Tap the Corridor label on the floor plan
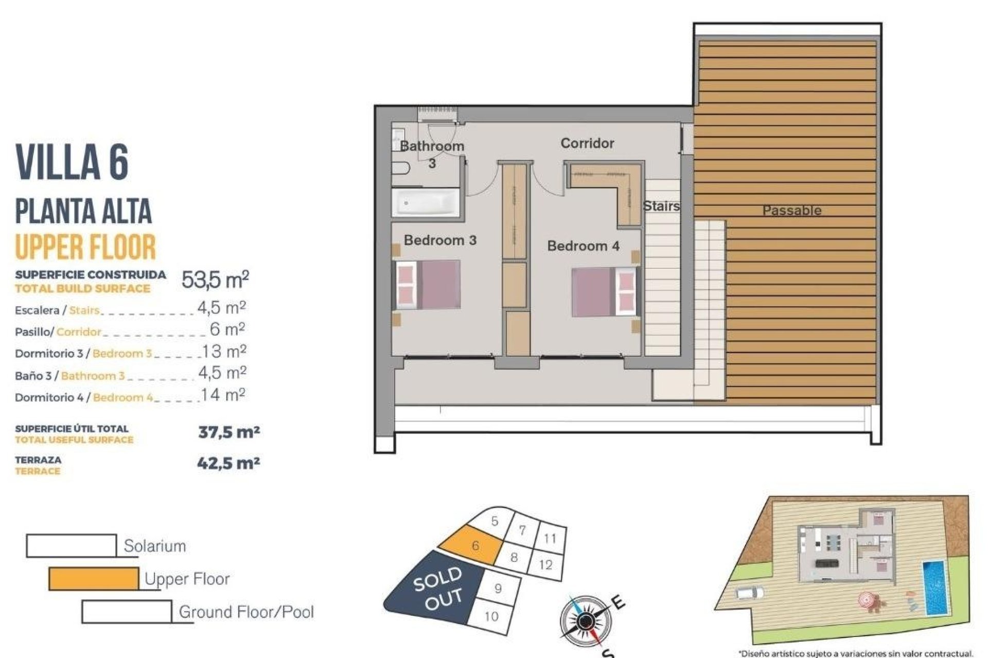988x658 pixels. [x=587, y=143]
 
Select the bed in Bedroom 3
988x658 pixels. [x=427, y=285]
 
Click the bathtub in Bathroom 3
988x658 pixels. [x=426, y=203]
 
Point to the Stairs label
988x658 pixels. [x=661, y=206]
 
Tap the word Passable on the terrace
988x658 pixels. [x=791, y=210]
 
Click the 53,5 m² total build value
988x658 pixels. [x=215, y=280]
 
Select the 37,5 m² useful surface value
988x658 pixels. [x=229, y=432]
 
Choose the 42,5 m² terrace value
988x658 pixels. [x=228, y=463]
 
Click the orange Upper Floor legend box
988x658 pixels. [x=94, y=579]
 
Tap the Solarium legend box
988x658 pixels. [x=72, y=545]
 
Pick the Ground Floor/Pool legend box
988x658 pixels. [x=127, y=611]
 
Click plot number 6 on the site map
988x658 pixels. [x=475, y=545]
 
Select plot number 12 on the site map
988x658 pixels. [x=545, y=565]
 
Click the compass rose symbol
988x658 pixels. [x=584, y=622]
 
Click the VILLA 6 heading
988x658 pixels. [x=72, y=161]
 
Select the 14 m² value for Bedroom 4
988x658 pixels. [x=223, y=395]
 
